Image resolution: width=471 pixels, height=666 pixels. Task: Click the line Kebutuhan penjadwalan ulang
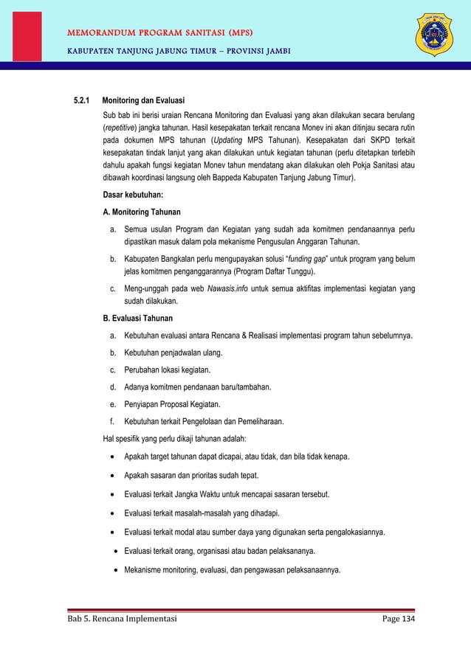click(x=173, y=353)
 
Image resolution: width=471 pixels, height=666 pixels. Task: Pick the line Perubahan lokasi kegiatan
click(x=167, y=370)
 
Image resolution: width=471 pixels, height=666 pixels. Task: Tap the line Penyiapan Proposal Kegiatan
click(x=171, y=404)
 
